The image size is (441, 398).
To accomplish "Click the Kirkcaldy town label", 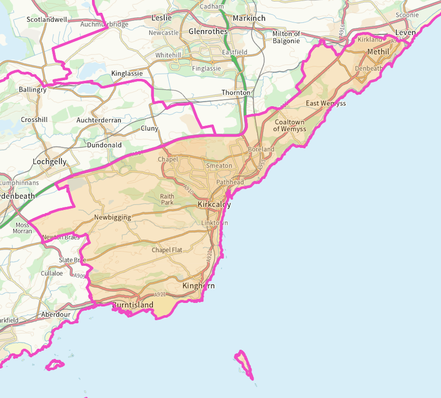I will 214,205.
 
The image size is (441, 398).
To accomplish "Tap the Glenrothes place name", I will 208,31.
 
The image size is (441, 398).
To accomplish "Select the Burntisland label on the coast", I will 133,305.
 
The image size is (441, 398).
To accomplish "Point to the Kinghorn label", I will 199,286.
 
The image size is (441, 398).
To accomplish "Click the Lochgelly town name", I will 50,162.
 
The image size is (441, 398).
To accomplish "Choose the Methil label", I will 378,52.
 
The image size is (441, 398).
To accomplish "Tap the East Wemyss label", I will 326,103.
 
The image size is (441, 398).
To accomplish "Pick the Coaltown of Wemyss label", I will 289,125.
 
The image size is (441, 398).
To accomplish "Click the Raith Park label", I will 167,199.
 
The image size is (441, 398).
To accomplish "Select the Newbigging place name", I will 112,218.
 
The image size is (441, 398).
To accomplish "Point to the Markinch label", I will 249,18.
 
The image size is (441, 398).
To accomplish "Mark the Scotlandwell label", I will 47,19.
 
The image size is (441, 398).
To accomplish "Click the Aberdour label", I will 56,314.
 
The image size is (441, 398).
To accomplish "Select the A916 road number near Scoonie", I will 342,30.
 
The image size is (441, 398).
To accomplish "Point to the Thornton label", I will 236,93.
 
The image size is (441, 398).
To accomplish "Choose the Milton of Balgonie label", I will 286,37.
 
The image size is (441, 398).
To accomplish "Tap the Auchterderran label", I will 99,120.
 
